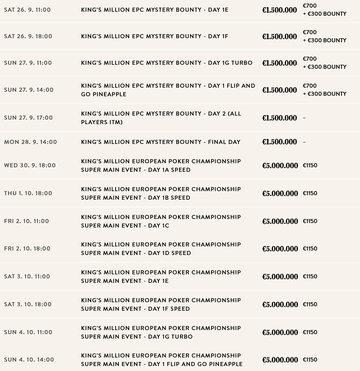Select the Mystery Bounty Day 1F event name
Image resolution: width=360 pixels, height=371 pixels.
tap(154, 36)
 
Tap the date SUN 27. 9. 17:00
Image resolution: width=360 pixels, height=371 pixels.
tap(28, 118)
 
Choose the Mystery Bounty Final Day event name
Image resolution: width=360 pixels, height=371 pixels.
tap(161, 142)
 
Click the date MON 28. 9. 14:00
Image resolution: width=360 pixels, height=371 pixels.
tap(31, 142)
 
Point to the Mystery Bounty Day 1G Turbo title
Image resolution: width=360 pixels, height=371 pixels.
tap(166, 63)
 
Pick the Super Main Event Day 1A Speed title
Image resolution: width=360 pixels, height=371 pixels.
tap(161, 165)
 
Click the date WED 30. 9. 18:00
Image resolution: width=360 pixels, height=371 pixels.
tap(30, 165)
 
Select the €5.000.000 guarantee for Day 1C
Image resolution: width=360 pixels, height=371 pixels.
tap(280, 221)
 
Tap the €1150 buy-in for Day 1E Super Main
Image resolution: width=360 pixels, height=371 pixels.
tap(310, 277)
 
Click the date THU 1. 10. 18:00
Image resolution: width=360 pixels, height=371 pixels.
tap(28, 193)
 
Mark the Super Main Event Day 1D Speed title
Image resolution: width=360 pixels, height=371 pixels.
tap(161, 249)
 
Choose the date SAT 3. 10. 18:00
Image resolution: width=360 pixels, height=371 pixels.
tap(28, 304)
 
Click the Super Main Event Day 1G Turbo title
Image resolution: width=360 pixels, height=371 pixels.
tap(161, 332)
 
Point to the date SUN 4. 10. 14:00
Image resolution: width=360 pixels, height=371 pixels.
tap(29, 360)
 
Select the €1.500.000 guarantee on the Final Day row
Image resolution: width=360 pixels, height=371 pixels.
tap(279, 142)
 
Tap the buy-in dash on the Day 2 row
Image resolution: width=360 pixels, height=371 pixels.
tap(304, 118)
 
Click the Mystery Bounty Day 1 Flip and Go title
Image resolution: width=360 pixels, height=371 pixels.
tap(168, 90)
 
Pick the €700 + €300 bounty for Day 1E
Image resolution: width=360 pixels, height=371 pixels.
tap(324, 10)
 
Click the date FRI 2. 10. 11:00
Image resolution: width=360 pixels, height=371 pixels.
tap(27, 221)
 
